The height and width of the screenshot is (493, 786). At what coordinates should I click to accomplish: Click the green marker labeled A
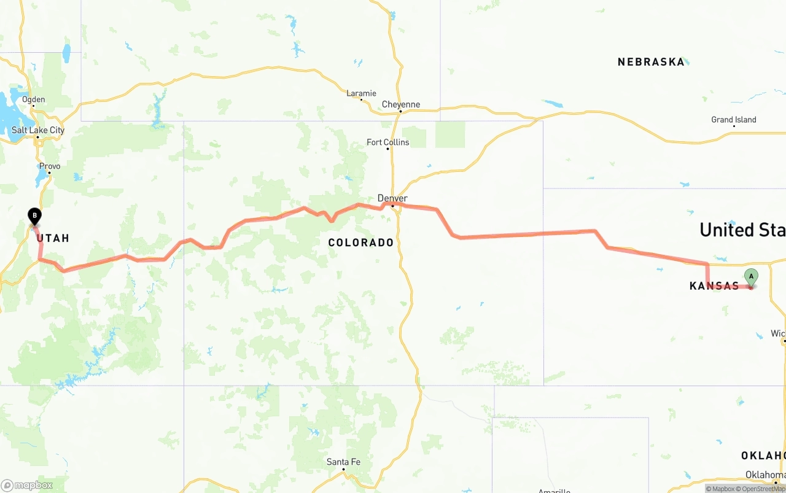pos(750,277)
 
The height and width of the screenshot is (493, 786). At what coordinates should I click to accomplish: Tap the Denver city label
pos(392,198)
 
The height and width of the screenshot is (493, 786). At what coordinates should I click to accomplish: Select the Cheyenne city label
pos(401,104)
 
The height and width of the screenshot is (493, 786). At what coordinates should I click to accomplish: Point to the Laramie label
pos(361,93)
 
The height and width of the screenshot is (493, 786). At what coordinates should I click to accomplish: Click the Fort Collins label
pos(387,142)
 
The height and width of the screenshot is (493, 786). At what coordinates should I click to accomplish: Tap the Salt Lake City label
pos(38,130)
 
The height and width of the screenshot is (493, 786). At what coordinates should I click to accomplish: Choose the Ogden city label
pos(33,99)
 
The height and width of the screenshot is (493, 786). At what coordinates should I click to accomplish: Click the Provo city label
pos(50,166)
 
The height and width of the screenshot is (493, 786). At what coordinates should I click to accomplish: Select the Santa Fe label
pos(343,462)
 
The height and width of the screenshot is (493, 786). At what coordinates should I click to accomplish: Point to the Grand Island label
pos(734,120)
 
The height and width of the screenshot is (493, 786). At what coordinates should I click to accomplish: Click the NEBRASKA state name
pos(651,62)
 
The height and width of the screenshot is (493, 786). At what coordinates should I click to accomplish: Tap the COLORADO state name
pos(361,243)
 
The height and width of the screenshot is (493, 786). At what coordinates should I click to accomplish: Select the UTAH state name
pos(53,238)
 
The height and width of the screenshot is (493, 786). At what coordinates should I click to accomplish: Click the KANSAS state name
pos(714,286)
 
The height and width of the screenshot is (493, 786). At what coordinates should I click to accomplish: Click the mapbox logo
pos(27,485)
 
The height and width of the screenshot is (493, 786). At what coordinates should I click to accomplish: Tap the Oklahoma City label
pos(765,475)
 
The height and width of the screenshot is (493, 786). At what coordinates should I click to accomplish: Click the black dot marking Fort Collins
pos(387,149)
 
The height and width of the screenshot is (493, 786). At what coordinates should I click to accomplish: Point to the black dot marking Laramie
pos(361,99)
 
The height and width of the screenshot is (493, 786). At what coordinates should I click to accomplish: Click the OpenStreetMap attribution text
pos(763,489)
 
